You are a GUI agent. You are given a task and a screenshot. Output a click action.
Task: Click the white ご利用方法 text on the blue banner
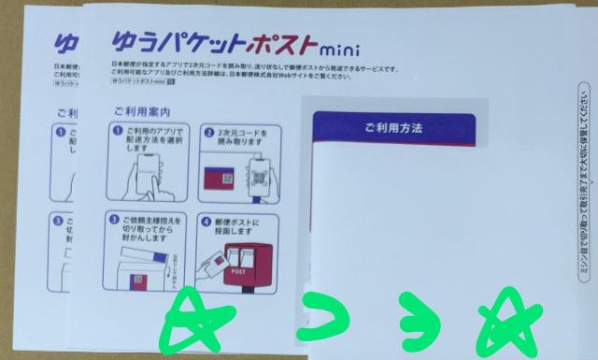(x=393, y=124)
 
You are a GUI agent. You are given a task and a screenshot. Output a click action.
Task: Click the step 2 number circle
(x=208, y=137)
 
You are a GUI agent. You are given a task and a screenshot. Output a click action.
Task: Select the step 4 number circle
(x=208, y=223)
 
